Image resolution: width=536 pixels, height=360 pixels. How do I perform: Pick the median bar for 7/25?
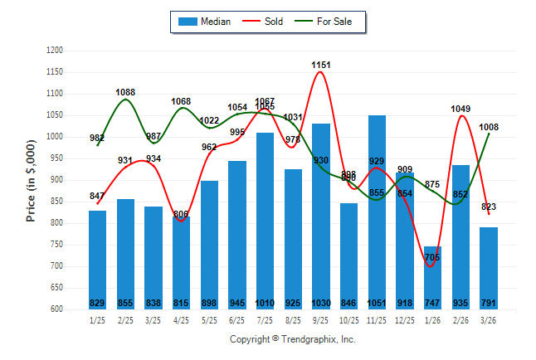265,216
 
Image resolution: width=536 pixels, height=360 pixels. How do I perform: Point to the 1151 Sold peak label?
321,64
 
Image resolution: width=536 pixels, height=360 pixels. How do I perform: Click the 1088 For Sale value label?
125,92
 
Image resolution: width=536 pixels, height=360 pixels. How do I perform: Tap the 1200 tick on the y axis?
56,51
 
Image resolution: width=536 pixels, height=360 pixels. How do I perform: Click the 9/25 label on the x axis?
321,319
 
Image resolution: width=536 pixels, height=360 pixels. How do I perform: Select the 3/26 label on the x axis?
489,319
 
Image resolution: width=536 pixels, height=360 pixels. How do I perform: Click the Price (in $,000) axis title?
31,179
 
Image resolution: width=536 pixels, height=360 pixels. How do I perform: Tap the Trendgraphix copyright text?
292,339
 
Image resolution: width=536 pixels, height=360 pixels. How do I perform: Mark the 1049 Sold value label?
460,108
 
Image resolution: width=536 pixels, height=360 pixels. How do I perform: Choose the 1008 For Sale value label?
489,127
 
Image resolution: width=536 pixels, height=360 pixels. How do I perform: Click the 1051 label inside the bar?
377,303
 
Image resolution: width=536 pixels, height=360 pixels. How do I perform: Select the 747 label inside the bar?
433,303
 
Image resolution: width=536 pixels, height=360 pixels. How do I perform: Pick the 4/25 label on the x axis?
181,319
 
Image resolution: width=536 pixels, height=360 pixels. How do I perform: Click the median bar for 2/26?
460,232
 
